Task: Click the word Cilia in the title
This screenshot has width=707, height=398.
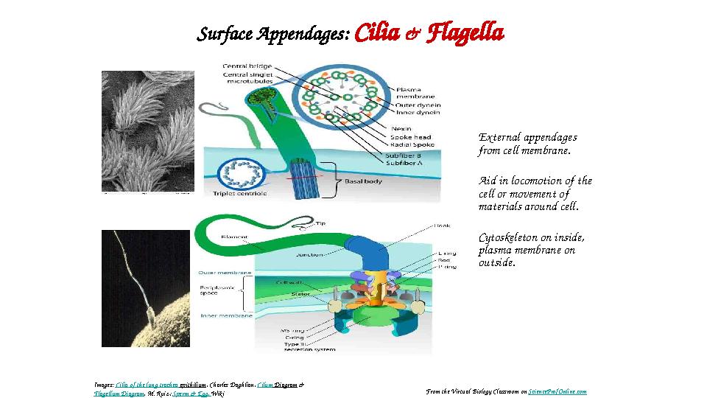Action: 378,34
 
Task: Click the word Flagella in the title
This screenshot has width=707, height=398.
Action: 465,34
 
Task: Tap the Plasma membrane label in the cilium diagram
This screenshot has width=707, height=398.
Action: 415,92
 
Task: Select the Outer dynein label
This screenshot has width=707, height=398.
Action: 418,105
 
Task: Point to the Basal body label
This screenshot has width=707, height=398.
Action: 363,181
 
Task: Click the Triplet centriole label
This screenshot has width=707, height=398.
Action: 239,194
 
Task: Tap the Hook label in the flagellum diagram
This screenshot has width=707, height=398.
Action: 443,226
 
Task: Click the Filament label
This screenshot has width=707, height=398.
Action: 233,237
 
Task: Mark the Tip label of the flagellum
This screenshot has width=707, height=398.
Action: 320,223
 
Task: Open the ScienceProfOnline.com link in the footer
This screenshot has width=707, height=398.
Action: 557,391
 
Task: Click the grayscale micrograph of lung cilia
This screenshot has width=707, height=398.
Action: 147,131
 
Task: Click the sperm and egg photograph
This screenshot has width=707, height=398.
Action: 146,288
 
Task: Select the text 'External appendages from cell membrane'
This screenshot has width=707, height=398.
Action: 527,144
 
